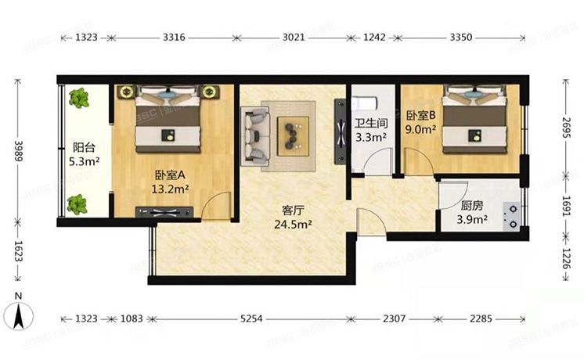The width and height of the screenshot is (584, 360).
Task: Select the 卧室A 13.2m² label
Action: tap(169, 182)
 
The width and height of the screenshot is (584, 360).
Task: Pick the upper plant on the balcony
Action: tap(78, 99)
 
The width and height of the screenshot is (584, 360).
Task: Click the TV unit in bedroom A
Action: tap(164, 211)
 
